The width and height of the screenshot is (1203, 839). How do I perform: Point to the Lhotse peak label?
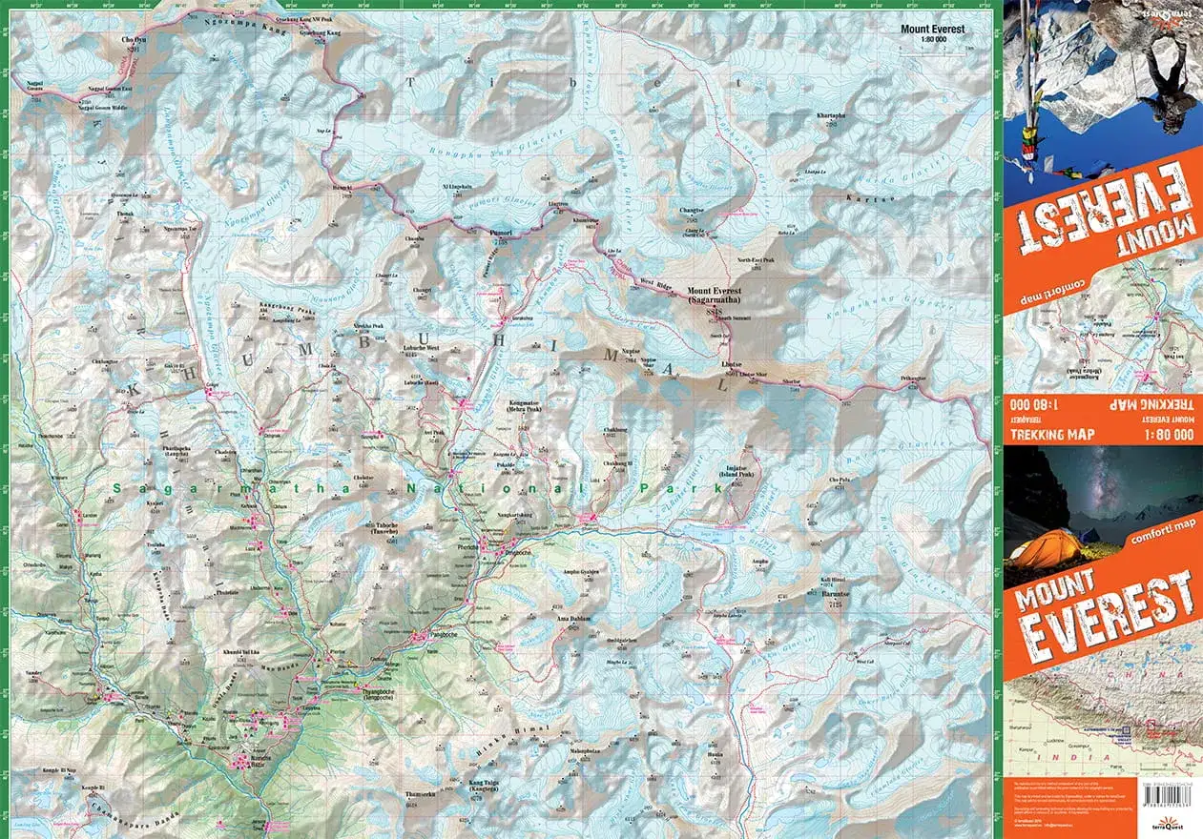coord(731,365)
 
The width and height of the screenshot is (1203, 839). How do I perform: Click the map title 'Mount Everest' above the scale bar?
coord(932,30)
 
